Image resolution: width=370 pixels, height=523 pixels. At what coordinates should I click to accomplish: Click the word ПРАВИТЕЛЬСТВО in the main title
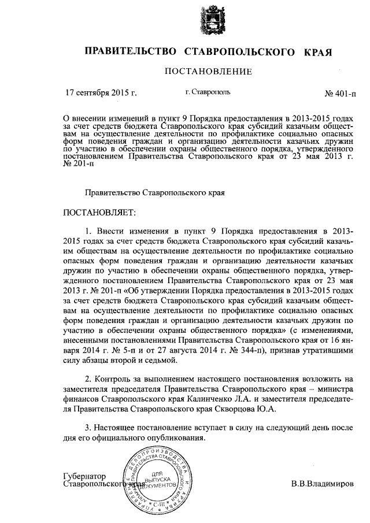pos(130,51)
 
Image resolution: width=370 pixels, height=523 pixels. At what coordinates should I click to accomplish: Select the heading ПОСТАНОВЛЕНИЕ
pos(209,72)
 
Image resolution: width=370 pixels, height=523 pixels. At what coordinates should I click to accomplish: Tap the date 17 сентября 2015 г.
pos(101,92)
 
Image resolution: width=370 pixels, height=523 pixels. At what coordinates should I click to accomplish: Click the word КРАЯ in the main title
pos(317,51)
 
